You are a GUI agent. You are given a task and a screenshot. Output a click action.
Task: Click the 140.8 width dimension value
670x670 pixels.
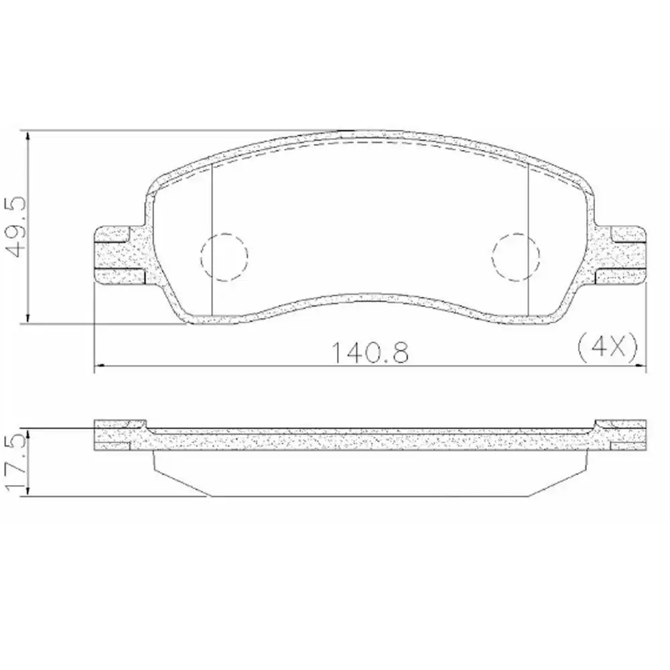(x=369, y=350)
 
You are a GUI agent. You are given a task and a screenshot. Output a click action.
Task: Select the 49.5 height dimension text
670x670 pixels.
(x=15, y=227)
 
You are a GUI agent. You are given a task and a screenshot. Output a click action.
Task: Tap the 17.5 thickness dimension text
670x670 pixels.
(x=14, y=462)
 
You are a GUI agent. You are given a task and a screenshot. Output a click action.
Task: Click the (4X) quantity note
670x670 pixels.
(x=605, y=346)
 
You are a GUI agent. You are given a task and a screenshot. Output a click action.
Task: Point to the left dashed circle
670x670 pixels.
(x=224, y=255)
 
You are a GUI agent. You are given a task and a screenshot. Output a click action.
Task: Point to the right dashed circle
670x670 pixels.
(x=515, y=255)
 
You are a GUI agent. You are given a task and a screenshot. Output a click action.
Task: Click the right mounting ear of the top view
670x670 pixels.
(x=620, y=255)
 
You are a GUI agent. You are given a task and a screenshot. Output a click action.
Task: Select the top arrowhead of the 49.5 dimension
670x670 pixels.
(x=27, y=135)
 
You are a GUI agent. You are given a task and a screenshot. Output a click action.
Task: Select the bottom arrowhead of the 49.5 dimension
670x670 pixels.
(x=27, y=319)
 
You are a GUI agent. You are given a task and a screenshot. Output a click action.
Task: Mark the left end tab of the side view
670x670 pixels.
(x=119, y=434)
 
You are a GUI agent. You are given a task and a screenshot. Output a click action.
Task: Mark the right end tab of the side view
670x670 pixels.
(x=620, y=434)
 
